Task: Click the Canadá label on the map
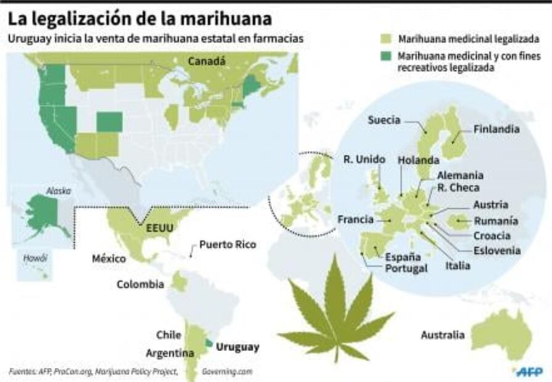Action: pyautogui.click(x=206, y=62)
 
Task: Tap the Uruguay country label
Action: pyautogui.click(x=238, y=347)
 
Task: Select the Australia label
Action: pyautogui.click(x=442, y=335)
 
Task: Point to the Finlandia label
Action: pyautogui.click(x=497, y=130)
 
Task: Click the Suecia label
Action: pyautogui.click(x=384, y=120)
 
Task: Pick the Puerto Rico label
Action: pyautogui.click(x=227, y=245)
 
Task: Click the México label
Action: pyautogui.click(x=108, y=258)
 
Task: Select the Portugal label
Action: pyautogui.click(x=406, y=269)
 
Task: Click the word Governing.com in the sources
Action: pyautogui.click(x=227, y=372)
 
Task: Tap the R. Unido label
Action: pyautogui.click(x=364, y=160)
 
